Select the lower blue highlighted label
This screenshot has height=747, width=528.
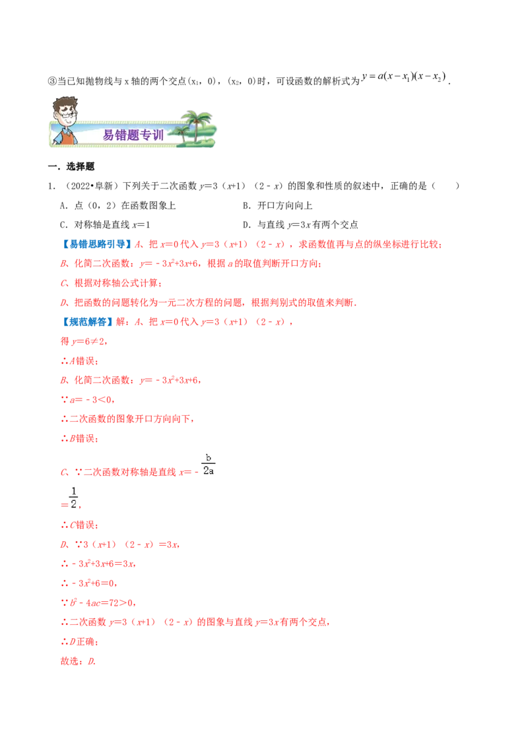(x=88, y=322)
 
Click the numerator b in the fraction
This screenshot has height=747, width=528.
(x=208, y=457)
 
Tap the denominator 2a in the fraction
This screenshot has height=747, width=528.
(x=208, y=472)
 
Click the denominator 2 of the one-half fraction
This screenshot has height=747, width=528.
(x=73, y=504)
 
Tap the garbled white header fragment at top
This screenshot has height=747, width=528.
(x=405, y=78)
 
